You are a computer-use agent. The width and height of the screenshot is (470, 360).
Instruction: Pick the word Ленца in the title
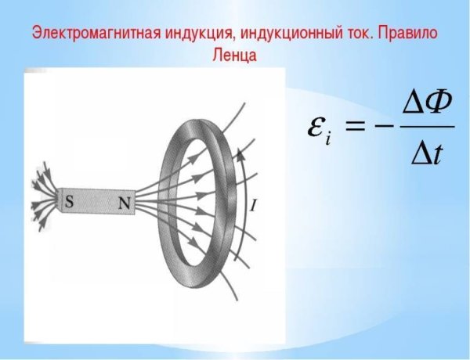(234, 56)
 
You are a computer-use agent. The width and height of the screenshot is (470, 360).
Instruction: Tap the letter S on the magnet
(70, 202)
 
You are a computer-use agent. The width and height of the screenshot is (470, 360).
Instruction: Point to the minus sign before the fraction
(388, 126)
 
